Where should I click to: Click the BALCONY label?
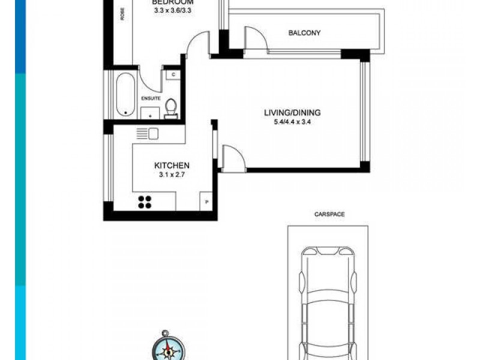[x=304, y=33]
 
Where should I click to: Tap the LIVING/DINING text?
[x=292, y=112]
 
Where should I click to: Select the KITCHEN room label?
[x=172, y=166]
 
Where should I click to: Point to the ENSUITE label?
[x=150, y=98]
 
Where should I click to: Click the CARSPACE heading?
[x=329, y=214]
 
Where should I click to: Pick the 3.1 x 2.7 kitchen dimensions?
[x=172, y=176]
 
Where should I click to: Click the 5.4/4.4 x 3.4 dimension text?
[x=292, y=122]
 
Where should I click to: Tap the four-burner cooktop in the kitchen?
[x=145, y=202]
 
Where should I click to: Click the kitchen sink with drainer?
[x=147, y=133]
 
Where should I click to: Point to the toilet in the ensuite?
[x=170, y=108]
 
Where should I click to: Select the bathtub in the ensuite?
[x=125, y=94]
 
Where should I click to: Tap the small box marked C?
[x=172, y=74]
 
